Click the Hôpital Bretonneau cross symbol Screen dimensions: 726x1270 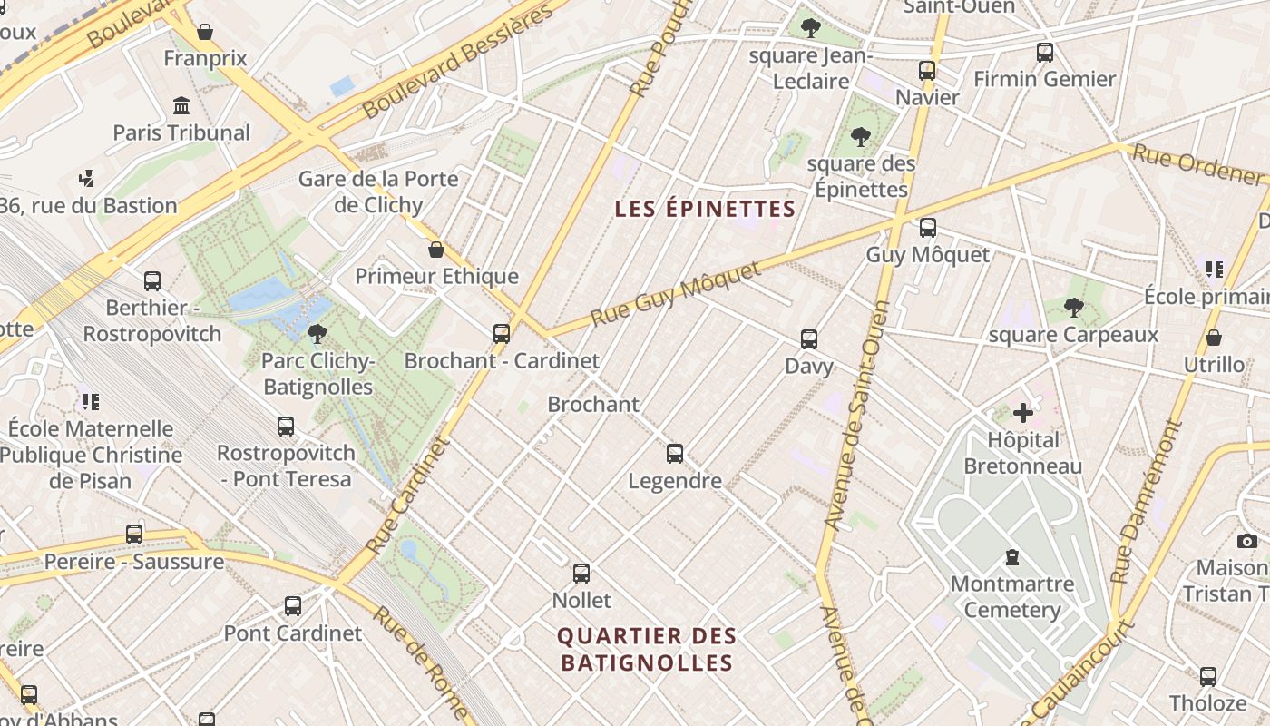click(x=1023, y=414)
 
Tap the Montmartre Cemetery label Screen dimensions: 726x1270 click(x=1012, y=596)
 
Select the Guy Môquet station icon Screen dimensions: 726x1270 click(x=927, y=228)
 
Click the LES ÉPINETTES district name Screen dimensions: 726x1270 click(x=705, y=210)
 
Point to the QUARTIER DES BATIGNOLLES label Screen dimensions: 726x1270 click(x=647, y=649)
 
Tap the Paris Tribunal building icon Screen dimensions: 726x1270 click(x=181, y=106)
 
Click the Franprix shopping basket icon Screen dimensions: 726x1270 click(x=205, y=33)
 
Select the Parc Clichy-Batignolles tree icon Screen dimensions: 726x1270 click(x=317, y=335)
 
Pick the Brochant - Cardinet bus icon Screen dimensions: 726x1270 click(x=502, y=334)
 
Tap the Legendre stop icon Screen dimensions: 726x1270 click(x=675, y=454)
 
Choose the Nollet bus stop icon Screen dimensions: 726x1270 click(x=581, y=574)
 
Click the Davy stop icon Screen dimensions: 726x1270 click(x=809, y=339)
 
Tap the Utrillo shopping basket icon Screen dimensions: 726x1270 click(x=1214, y=338)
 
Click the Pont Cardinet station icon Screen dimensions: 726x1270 click(x=292, y=606)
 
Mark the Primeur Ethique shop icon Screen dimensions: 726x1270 click(x=436, y=250)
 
